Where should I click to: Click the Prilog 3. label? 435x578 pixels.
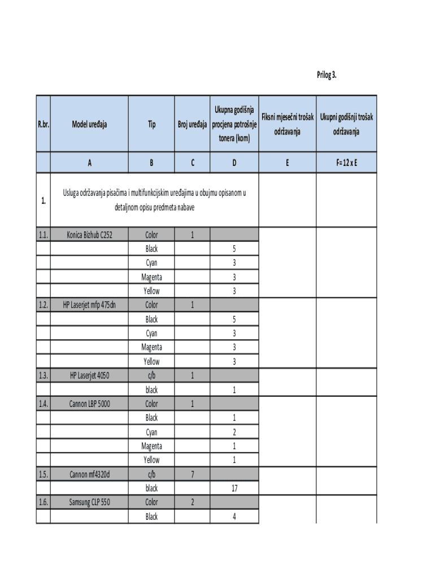[x=326, y=75]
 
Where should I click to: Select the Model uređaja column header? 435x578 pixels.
[x=89, y=125]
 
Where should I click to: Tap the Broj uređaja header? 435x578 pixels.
[x=192, y=125]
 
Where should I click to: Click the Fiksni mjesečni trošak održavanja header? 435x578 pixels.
[x=287, y=125]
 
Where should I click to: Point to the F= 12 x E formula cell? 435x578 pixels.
[x=346, y=163]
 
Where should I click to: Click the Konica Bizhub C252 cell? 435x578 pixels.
[x=89, y=235]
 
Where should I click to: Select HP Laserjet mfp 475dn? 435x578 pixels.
[x=89, y=305]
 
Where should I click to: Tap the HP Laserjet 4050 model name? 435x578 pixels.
[x=89, y=375]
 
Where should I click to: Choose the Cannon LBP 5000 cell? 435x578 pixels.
[x=89, y=404]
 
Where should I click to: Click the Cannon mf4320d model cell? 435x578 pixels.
[x=89, y=474]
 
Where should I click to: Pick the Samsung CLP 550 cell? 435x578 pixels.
[x=89, y=502]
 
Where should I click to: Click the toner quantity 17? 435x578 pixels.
[x=234, y=488]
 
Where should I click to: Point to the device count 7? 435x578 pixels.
[x=192, y=474]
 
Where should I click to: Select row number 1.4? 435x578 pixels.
[x=43, y=404]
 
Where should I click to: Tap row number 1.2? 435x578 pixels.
[x=43, y=305]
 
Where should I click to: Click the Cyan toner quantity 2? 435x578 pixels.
[x=234, y=432]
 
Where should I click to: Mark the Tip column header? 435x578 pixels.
[x=151, y=125]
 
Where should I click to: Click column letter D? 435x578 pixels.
[x=234, y=163]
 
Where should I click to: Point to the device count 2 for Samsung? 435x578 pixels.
[x=192, y=502]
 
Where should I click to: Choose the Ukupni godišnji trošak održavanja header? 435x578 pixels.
[x=346, y=125]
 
